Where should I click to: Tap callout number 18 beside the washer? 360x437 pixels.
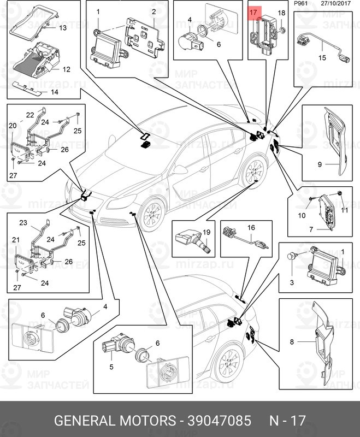point(282,13)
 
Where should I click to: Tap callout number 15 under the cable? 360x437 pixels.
point(322,57)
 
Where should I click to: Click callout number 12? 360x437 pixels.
point(66,69)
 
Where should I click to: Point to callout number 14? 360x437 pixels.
point(54,92)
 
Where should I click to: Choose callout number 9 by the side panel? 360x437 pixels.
point(321,163)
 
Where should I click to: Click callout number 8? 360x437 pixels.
point(292,342)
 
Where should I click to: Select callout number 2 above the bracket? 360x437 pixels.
point(154,11)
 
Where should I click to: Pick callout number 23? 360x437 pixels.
point(23,222)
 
